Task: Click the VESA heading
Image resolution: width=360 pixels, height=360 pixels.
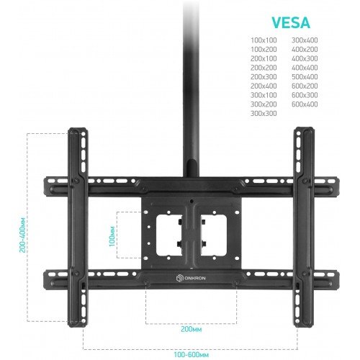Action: point(291,23)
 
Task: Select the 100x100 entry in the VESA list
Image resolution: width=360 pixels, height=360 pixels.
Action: point(264,40)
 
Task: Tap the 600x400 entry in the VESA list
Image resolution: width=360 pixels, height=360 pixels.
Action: point(305,104)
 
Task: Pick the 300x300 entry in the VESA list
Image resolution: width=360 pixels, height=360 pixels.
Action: point(264,113)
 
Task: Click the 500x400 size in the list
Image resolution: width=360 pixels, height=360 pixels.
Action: point(305,77)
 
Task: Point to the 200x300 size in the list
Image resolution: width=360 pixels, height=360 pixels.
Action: point(264,77)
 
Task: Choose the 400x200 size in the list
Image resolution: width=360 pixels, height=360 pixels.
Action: point(305,50)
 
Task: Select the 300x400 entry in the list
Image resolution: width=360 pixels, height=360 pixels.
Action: point(305,40)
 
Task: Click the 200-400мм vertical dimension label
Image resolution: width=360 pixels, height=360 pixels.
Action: point(22,235)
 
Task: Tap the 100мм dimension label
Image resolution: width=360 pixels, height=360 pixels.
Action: point(112,236)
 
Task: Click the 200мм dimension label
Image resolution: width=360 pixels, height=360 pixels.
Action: point(192,329)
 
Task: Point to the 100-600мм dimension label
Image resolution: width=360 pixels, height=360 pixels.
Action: point(192,354)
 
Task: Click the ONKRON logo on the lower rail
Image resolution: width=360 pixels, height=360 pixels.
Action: point(191,278)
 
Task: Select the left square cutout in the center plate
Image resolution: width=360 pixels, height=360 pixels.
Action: point(168,235)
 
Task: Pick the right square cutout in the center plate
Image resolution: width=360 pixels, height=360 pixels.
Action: point(214,235)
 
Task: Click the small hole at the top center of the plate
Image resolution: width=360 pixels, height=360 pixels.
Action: point(192,202)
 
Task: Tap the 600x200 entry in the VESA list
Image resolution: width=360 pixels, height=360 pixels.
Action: point(305,86)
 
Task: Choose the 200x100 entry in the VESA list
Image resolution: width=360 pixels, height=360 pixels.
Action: point(264,58)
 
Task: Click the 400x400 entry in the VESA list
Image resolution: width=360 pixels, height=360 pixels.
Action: point(305,68)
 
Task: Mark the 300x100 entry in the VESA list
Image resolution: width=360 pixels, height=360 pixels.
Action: point(264,95)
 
